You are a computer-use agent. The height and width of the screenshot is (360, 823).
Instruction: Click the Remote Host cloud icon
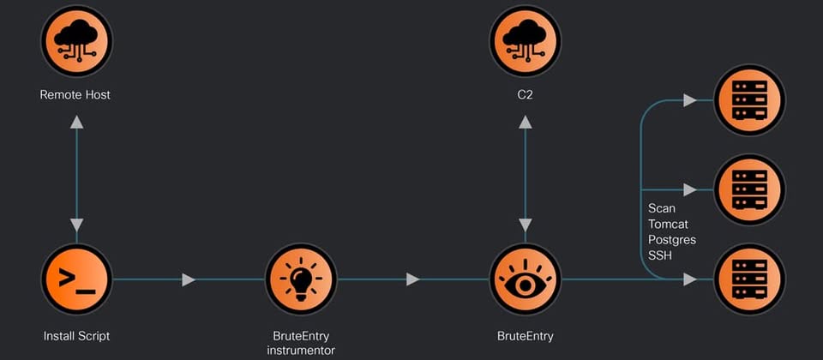pyautogui.click(x=76, y=41)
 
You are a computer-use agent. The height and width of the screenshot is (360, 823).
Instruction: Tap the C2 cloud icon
pyautogui.click(x=525, y=41)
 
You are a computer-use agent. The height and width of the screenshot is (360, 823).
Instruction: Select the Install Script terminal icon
pyautogui.click(x=76, y=279)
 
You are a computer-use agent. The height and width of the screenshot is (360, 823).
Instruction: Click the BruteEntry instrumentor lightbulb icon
pyautogui.click(x=300, y=279)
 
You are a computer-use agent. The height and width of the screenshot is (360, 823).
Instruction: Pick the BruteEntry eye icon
pyautogui.click(x=525, y=279)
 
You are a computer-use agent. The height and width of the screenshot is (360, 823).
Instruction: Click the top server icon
pyautogui.click(x=749, y=100)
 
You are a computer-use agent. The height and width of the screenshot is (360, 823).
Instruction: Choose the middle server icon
pyautogui.click(x=749, y=189)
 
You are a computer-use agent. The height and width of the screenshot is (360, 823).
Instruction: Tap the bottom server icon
pyautogui.click(x=749, y=279)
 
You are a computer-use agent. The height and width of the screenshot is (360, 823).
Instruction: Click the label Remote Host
pyautogui.click(x=75, y=94)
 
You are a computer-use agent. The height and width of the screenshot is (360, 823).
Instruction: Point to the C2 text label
pyautogui.click(x=525, y=94)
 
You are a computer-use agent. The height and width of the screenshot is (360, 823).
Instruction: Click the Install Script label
pyautogui.click(x=76, y=335)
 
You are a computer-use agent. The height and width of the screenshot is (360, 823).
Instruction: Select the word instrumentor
pyautogui.click(x=300, y=350)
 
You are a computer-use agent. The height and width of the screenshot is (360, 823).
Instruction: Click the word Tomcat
pyautogui.click(x=668, y=224)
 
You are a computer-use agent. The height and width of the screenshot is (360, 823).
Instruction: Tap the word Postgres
pyautogui.click(x=672, y=240)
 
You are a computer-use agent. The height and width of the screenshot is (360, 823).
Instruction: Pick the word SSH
pyautogui.click(x=660, y=255)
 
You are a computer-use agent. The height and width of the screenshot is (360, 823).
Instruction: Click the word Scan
pyautogui.click(x=662, y=208)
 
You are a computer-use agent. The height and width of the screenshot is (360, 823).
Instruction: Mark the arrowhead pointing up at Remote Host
pyautogui.click(x=76, y=123)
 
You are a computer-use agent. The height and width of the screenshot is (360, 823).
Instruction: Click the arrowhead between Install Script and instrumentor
pyautogui.click(x=189, y=279)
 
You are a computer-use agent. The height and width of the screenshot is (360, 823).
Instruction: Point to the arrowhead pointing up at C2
pyautogui.click(x=525, y=123)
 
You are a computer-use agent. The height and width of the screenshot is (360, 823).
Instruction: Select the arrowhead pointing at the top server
pyautogui.click(x=689, y=100)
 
